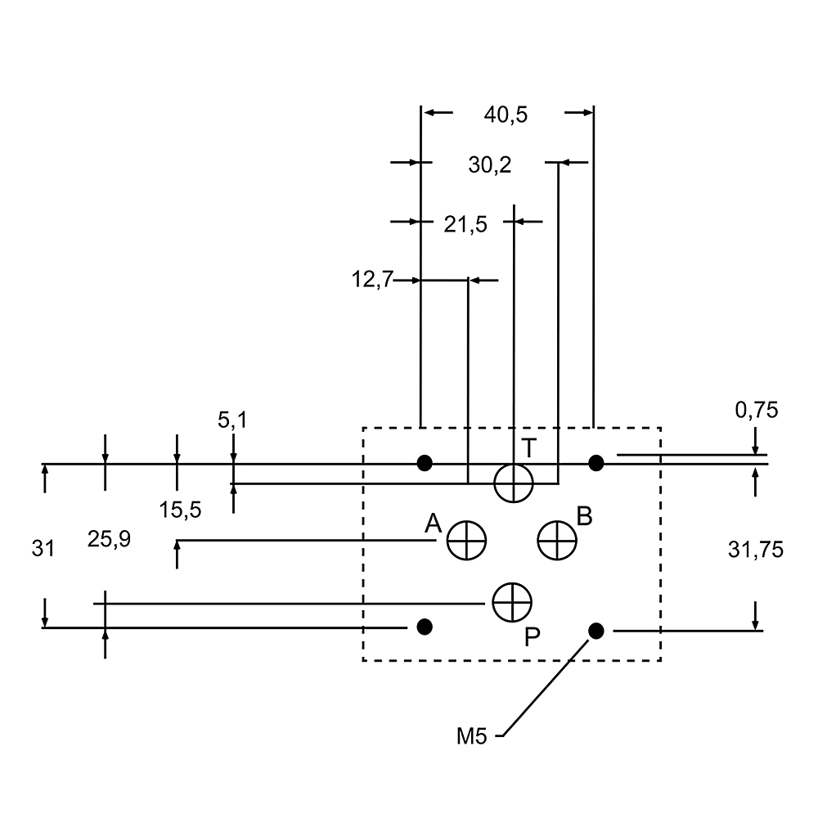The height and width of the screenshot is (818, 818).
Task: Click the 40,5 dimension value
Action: tap(506, 115)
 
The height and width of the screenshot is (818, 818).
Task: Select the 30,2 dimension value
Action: tap(490, 165)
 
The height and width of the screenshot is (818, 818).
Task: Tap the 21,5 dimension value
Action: tap(465, 224)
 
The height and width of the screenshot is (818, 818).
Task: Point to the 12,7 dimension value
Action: tap(372, 281)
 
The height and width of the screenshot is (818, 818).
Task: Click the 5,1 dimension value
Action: tap(231, 421)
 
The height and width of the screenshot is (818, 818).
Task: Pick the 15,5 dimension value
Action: tap(180, 510)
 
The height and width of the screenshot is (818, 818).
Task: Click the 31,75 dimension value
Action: tap(756, 550)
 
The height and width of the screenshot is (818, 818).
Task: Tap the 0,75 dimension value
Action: tap(756, 410)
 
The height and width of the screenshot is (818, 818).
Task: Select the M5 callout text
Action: tap(472, 736)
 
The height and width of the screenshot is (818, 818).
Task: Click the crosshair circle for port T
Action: tap(514, 483)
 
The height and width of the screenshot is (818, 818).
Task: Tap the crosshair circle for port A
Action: tap(466, 540)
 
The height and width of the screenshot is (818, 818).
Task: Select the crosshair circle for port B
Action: tap(557, 540)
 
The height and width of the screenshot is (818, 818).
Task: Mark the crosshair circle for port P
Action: tap(512, 603)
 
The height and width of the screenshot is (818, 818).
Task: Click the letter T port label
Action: tap(529, 448)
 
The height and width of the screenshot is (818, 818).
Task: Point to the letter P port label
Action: tap(532, 637)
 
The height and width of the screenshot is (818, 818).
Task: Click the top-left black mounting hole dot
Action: tap(424, 463)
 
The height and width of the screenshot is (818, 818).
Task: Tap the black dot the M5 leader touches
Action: tap(596, 630)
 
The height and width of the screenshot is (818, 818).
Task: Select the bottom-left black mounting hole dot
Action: tap(424, 627)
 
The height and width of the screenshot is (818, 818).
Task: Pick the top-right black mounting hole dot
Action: tap(596, 463)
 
